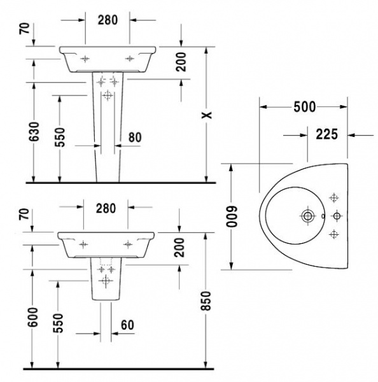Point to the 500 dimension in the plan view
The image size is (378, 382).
[x=304, y=106]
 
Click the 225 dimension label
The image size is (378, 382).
[x=326, y=134]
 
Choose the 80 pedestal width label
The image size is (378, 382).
[x=134, y=136]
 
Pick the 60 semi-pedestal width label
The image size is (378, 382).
[x=127, y=325]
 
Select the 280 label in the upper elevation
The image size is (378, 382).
[x=108, y=20]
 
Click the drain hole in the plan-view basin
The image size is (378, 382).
[x=307, y=216]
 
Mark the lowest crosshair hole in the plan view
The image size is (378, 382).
[x=332, y=235]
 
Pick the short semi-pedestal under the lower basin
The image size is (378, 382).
[x=106, y=280]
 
